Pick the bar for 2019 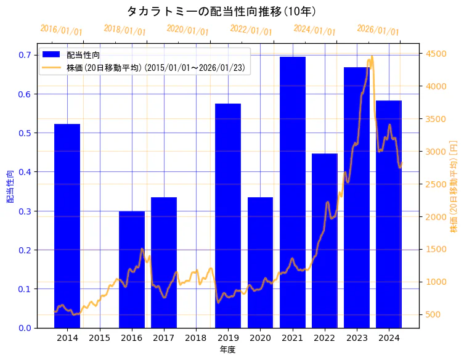(x=228, y=216)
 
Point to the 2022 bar (x=325, y=240)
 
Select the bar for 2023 (x=357, y=197)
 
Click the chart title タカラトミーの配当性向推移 (x=221, y=11)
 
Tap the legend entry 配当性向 (x=83, y=55)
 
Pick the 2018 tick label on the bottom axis (x=196, y=338)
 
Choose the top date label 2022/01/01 (x=251, y=30)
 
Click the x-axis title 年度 (x=227, y=350)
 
